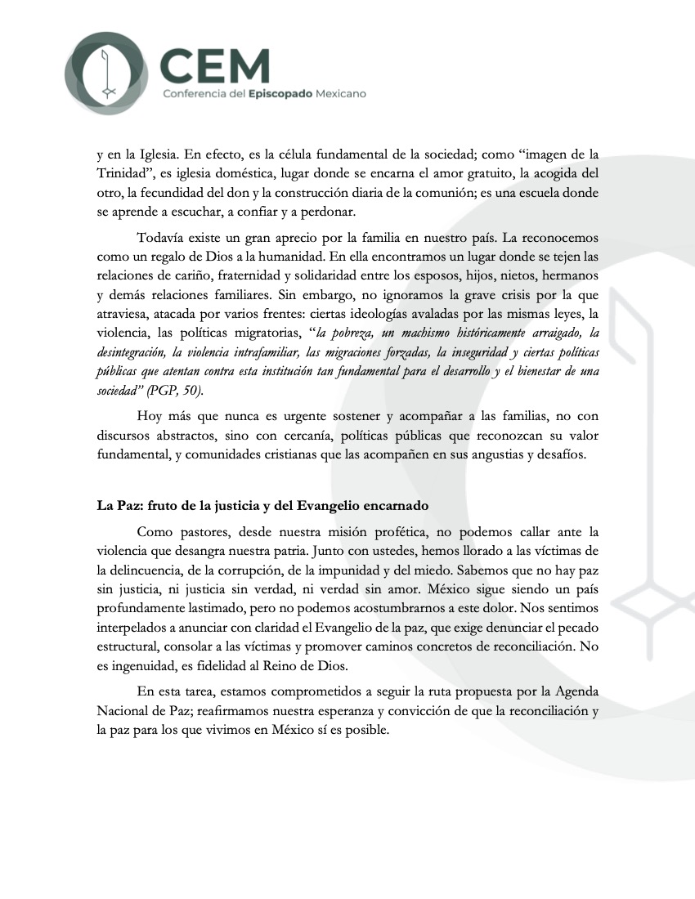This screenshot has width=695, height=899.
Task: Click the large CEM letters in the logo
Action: tap(214, 63)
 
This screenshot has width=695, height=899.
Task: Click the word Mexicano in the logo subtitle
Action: tap(336, 94)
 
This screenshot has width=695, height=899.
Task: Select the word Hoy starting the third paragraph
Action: tap(150, 417)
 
